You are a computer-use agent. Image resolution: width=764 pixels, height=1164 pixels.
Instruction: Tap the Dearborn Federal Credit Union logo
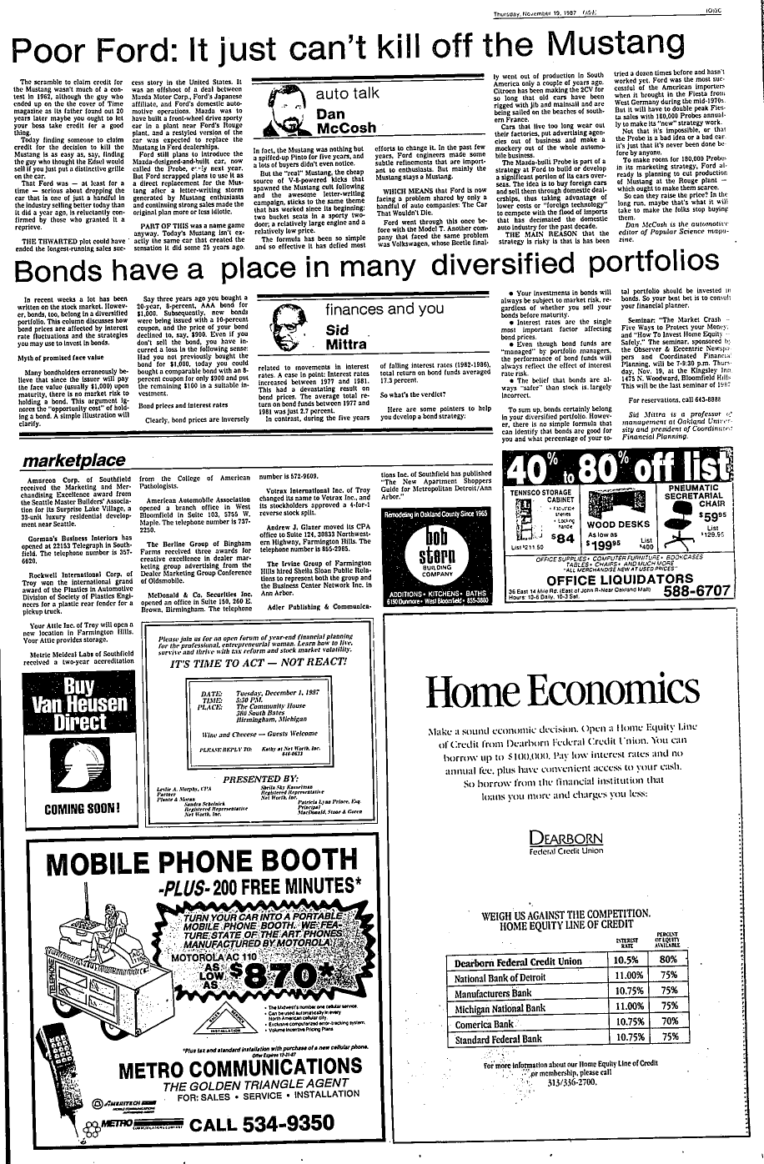tap(566, 841)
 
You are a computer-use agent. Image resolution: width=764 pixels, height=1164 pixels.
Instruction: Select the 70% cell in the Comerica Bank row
tap(668, 1023)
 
